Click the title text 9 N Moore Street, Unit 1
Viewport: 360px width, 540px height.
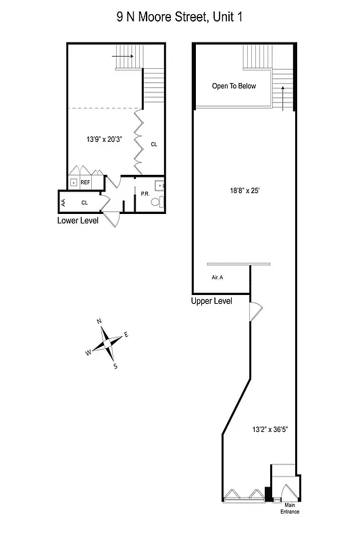click(179, 17)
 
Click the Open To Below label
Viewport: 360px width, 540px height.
click(234, 86)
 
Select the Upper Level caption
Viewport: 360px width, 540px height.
click(211, 301)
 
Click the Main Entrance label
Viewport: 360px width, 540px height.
click(290, 508)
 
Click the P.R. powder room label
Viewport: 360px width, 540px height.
click(145, 194)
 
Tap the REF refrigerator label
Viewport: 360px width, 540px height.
click(86, 182)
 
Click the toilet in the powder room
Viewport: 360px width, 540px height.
click(155, 202)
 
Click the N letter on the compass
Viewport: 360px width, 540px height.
click(99, 321)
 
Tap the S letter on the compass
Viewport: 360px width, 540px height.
click(115, 367)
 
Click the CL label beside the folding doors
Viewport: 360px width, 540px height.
click(154, 144)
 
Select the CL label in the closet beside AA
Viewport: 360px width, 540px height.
click(84, 202)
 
